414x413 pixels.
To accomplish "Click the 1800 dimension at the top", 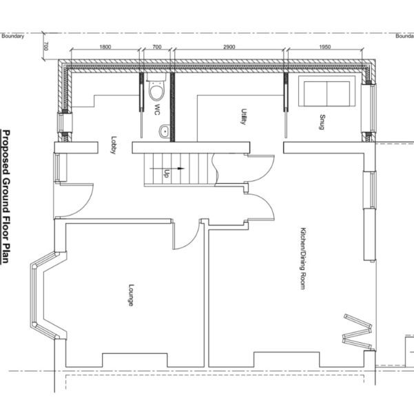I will point(105,47).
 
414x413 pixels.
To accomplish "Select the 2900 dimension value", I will point(229,47).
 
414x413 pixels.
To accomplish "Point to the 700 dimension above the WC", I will point(156,47).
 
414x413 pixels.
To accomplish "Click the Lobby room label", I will point(112,145).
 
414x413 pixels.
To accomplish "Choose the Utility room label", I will point(243,116).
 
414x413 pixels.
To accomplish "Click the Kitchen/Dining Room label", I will point(301,258).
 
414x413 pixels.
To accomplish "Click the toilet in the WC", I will point(156,90).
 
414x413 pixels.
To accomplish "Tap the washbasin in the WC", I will point(165,131).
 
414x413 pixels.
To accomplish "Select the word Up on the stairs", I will point(166,174).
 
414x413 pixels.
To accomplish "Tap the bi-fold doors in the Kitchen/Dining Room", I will point(357,329).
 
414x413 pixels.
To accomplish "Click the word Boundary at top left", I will point(12,36).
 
